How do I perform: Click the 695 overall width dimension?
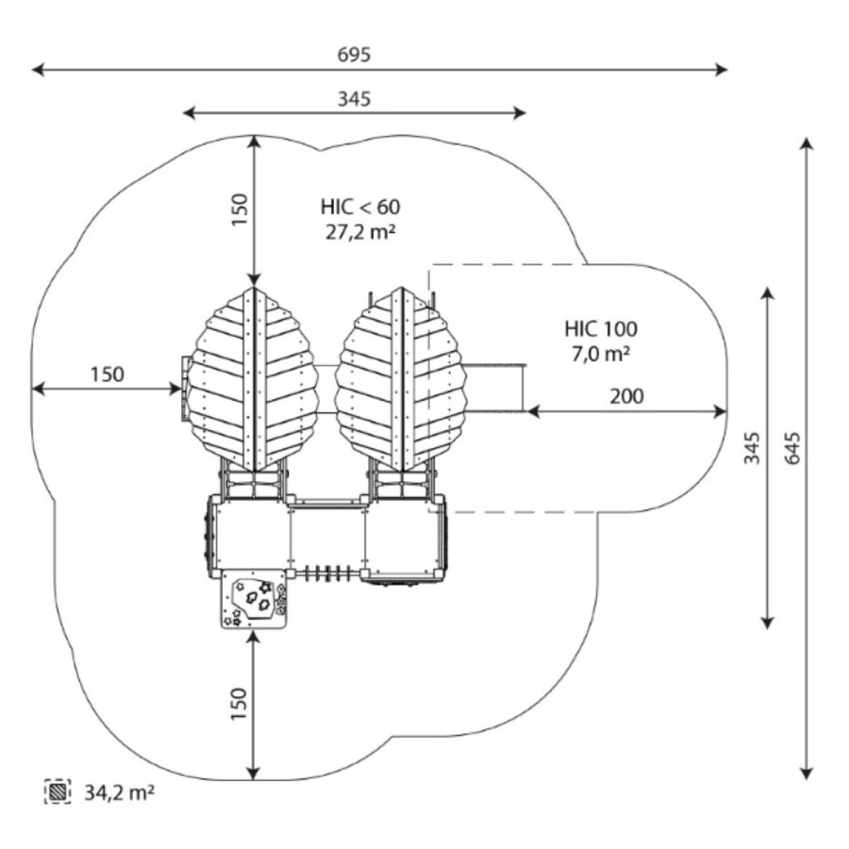(354, 55)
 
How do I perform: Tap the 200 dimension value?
(626, 396)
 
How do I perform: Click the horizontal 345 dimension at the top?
(354, 98)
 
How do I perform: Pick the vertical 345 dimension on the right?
(751, 458)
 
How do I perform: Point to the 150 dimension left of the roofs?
(107, 374)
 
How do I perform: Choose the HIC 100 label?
(601, 329)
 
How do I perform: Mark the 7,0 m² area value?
(601, 354)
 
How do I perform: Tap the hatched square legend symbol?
(58, 791)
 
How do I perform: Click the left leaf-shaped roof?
(252, 379)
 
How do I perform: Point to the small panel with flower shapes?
(254, 600)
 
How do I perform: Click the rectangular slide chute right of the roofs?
(492, 388)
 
